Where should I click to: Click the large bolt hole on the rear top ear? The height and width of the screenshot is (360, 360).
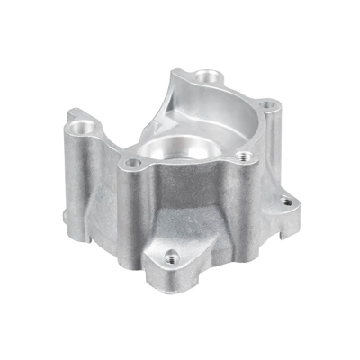pos(210,76)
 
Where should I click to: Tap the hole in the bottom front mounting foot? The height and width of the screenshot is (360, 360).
pos(173,256)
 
